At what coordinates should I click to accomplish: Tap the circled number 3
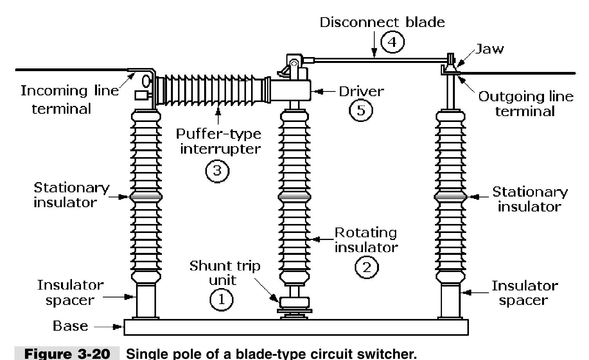click(217, 170)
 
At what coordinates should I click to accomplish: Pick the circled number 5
click(360, 110)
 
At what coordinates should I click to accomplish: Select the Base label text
click(70, 326)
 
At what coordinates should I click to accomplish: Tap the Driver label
click(361, 91)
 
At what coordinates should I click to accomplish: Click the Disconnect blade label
click(382, 22)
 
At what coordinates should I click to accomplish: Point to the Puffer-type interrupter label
click(218, 141)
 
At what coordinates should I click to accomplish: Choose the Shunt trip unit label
click(224, 273)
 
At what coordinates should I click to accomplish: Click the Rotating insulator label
click(366, 240)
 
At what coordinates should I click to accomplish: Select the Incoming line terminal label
click(69, 99)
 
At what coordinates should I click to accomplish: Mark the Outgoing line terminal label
click(526, 104)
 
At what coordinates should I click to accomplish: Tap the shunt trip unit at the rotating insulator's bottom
click(294, 303)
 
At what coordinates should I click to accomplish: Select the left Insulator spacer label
click(71, 292)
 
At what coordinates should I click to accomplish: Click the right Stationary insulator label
click(529, 199)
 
